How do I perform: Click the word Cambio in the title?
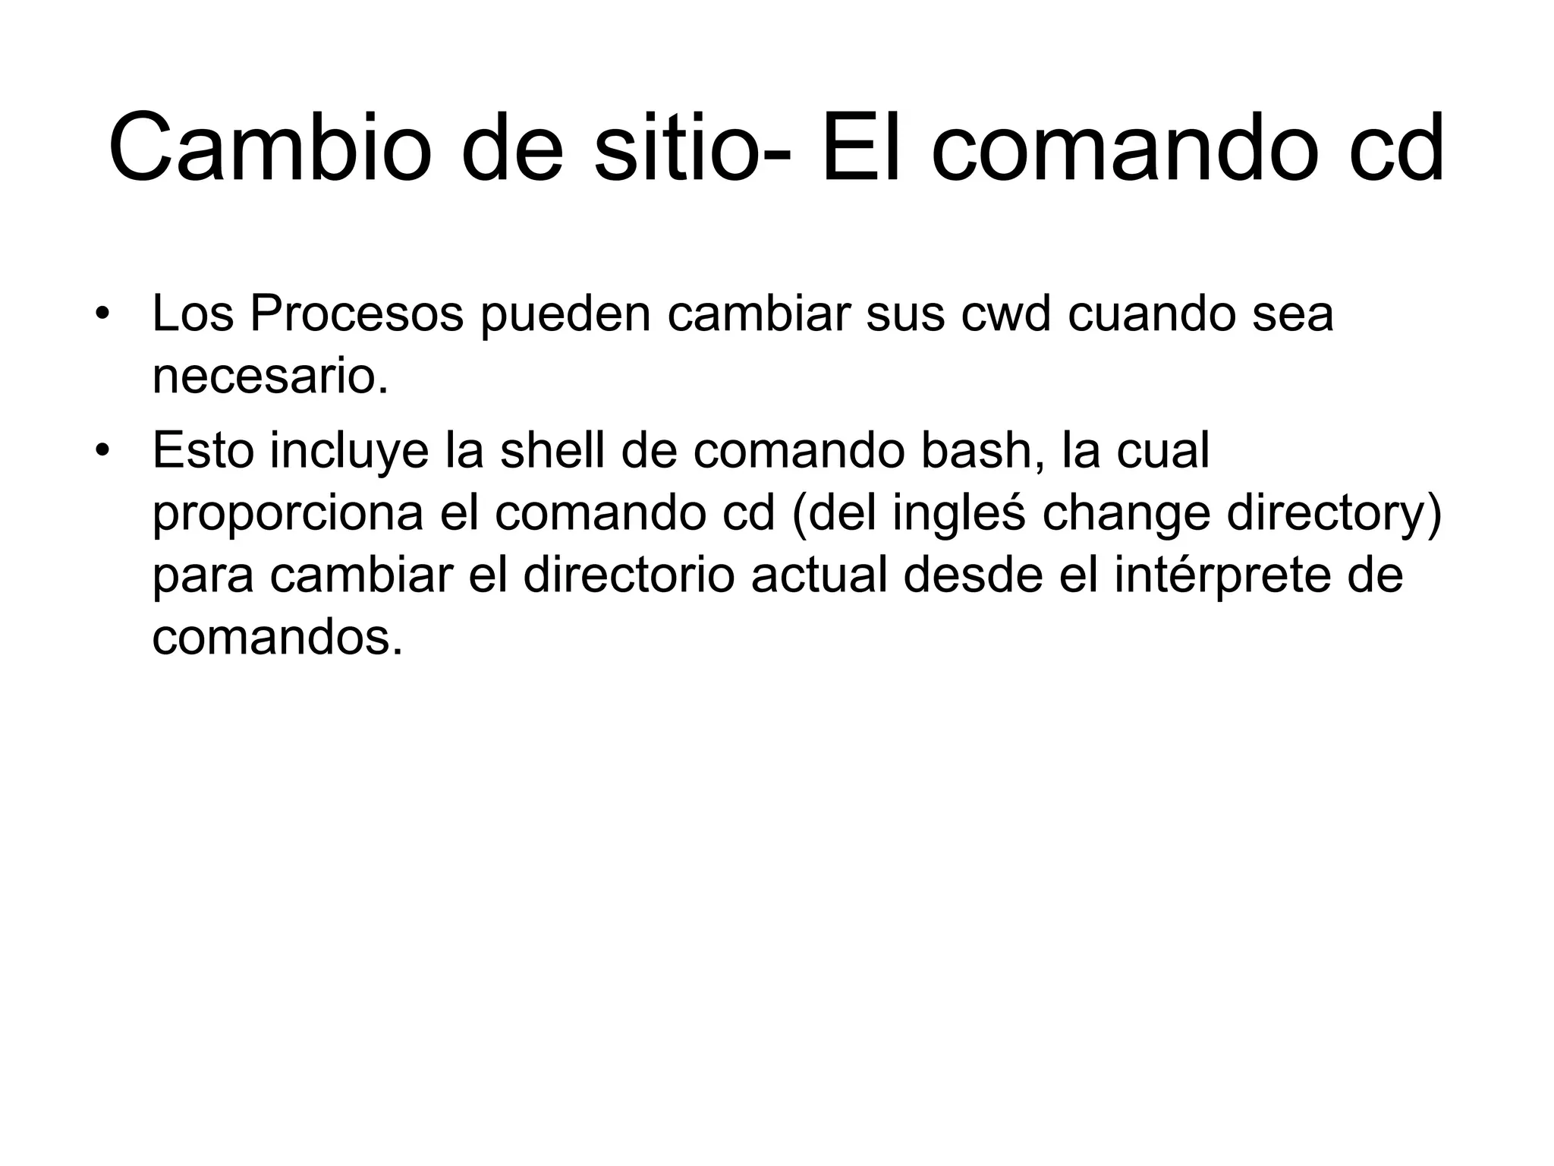pos(270,148)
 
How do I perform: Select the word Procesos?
pos(357,314)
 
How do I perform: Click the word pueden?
pos(565,314)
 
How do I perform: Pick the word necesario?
pos(269,377)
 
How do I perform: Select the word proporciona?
pos(288,514)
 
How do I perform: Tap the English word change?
pos(1126,514)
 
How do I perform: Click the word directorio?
pos(628,576)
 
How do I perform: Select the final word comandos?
pos(277,639)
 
